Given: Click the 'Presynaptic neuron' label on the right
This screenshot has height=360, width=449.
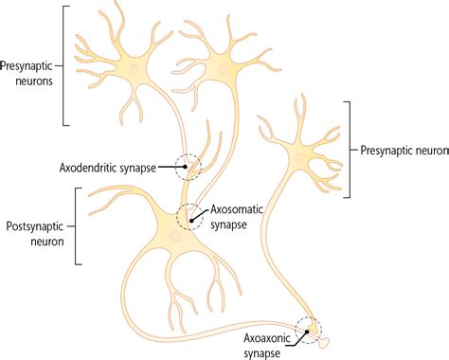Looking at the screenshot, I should pyautogui.click(x=404, y=150).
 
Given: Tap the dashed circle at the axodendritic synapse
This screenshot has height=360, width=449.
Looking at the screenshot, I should pyautogui.click(x=189, y=166).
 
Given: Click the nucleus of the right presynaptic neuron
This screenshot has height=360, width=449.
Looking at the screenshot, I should pyautogui.click(x=306, y=151).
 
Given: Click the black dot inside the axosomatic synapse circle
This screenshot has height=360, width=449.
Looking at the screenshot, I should pyautogui.click(x=194, y=220).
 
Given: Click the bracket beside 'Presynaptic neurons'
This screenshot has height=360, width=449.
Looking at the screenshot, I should pyautogui.click(x=64, y=66).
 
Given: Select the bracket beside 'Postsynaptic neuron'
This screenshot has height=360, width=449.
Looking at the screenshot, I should pyautogui.click(x=74, y=225).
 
